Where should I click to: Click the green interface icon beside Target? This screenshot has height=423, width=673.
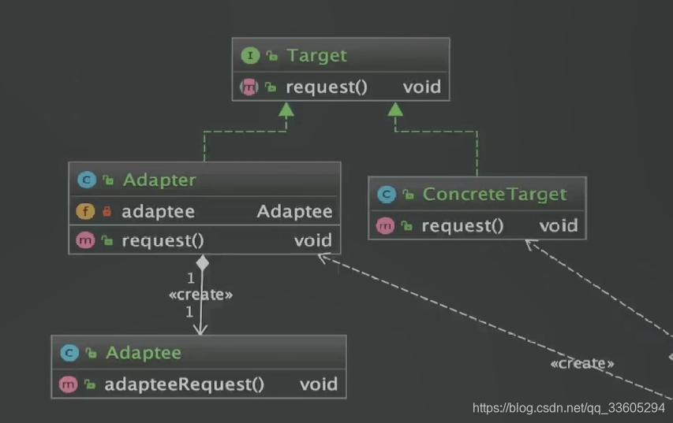pyautogui.click(x=250, y=55)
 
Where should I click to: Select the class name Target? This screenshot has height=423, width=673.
pyautogui.click(x=316, y=55)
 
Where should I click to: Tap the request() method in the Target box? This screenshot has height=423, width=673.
pyautogui.click(x=326, y=87)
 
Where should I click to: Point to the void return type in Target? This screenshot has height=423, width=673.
pyautogui.click(x=421, y=87)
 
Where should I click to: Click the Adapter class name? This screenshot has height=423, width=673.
pyautogui.click(x=159, y=180)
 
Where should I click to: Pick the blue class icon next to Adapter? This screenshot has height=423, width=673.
pyautogui.click(x=86, y=180)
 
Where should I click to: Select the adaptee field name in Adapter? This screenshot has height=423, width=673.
pyautogui.click(x=158, y=211)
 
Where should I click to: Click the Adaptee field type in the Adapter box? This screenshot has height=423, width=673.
pyautogui.click(x=294, y=211)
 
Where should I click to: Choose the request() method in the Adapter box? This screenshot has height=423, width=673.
pyautogui.click(x=163, y=240)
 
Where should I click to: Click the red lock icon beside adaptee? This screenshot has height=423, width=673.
pyautogui.click(x=107, y=211)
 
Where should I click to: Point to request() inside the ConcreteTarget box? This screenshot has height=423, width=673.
pyautogui.click(x=462, y=226)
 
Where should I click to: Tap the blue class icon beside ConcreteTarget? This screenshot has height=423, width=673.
pyautogui.click(x=386, y=194)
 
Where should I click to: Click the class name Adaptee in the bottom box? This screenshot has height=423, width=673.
pyautogui.click(x=143, y=352)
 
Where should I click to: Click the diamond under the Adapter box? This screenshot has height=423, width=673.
pyautogui.click(x=202, y=262)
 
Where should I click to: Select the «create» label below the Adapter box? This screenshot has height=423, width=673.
pyautogui.click(x=201, y=295)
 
